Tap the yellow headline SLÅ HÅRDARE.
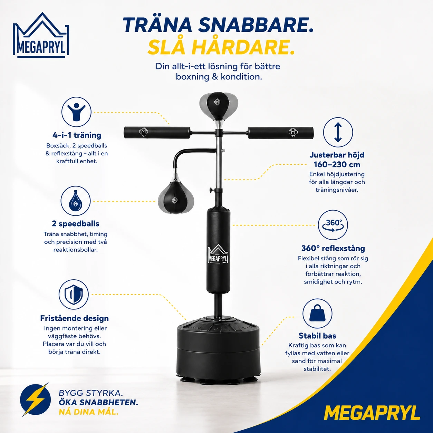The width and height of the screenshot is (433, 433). point(221,48)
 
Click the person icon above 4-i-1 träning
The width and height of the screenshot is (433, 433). point(76,112)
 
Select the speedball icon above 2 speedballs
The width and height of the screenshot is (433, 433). point(76,201)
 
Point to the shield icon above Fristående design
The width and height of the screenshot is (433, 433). point(74,294)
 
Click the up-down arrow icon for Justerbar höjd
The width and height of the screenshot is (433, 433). point(338,132)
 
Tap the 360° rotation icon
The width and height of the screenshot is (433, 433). point(333,225)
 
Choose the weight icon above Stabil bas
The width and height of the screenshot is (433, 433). point(317,314)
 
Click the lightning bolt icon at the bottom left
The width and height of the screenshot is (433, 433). point(36,400)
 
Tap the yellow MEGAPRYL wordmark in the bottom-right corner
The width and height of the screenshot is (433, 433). point(372,413)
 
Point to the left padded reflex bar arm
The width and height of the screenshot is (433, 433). point(157,132)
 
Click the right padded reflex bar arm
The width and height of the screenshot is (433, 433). point(280,133)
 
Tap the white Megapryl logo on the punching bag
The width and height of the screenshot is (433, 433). point(218,254)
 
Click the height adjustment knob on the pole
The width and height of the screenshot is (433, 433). point(211,190)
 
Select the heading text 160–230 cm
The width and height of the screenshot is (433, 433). point(337,164)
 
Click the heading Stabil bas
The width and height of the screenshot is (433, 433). point(317,336)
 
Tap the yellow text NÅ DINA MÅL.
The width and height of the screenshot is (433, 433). point(88,412)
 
